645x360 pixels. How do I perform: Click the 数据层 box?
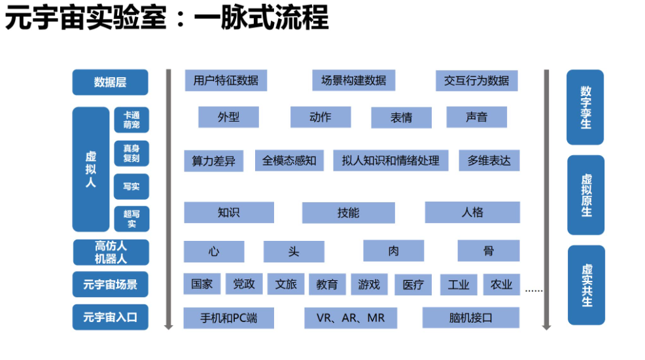tap(110, 82)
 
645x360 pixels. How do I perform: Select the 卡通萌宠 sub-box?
tap(131, 120)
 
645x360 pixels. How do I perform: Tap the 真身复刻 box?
tap(131, 153)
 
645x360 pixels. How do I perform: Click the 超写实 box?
tap(131, 219)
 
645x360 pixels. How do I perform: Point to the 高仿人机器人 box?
tap(110, 253)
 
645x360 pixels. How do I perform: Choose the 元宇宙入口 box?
tap(110, 317)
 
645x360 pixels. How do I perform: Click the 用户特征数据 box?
tap(226, 81)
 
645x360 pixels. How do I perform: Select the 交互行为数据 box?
tap(476, 81)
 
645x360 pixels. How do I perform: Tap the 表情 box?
tap(401, 118)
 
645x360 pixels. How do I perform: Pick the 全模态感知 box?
tap(289, 160)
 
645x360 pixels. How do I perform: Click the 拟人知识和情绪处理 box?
tap(391, 160)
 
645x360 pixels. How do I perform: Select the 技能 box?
tap(348, 213)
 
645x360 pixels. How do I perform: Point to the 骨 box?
tap(488, 251)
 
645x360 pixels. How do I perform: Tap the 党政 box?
tap(244, 284)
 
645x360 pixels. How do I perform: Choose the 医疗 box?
tap(413, 285)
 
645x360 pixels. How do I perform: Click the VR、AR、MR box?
tap(351, 318)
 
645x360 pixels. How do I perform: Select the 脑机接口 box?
tap(470, 318)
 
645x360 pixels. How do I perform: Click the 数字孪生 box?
tap(585, 107)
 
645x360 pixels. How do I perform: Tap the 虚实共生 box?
tap(585, 285)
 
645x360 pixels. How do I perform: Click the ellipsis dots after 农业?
tap(534, 290)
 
